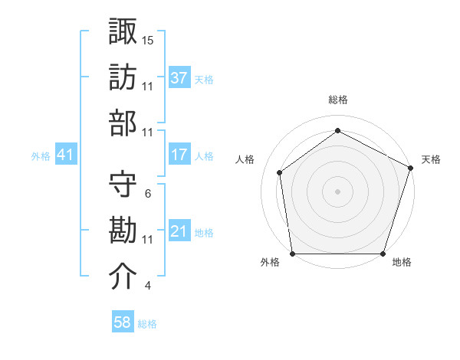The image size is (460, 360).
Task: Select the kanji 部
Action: pos(123,123)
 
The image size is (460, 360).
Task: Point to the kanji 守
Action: pos(123,185)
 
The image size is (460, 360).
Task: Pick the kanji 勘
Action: pos(123,231)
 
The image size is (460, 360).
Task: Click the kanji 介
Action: pos(123,277)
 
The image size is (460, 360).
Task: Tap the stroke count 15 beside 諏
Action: pos(148,39)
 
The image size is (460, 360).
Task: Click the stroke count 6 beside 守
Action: pos(147,194)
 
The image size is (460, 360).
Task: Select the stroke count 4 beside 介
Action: pos(147,286)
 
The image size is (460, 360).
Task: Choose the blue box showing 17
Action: pos(179,155)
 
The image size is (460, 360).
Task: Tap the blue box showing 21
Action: pos(179,231)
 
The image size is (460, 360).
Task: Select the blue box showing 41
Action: pos(66,155)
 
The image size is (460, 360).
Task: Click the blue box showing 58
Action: pos(123,322)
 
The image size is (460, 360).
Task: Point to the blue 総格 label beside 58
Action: pos(147,324)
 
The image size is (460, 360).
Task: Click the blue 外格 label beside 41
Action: pos(41,156)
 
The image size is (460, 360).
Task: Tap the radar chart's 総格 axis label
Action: pos(337,100)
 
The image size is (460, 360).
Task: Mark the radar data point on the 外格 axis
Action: pos(292,254)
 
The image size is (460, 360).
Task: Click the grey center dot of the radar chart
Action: pos(337,191)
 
